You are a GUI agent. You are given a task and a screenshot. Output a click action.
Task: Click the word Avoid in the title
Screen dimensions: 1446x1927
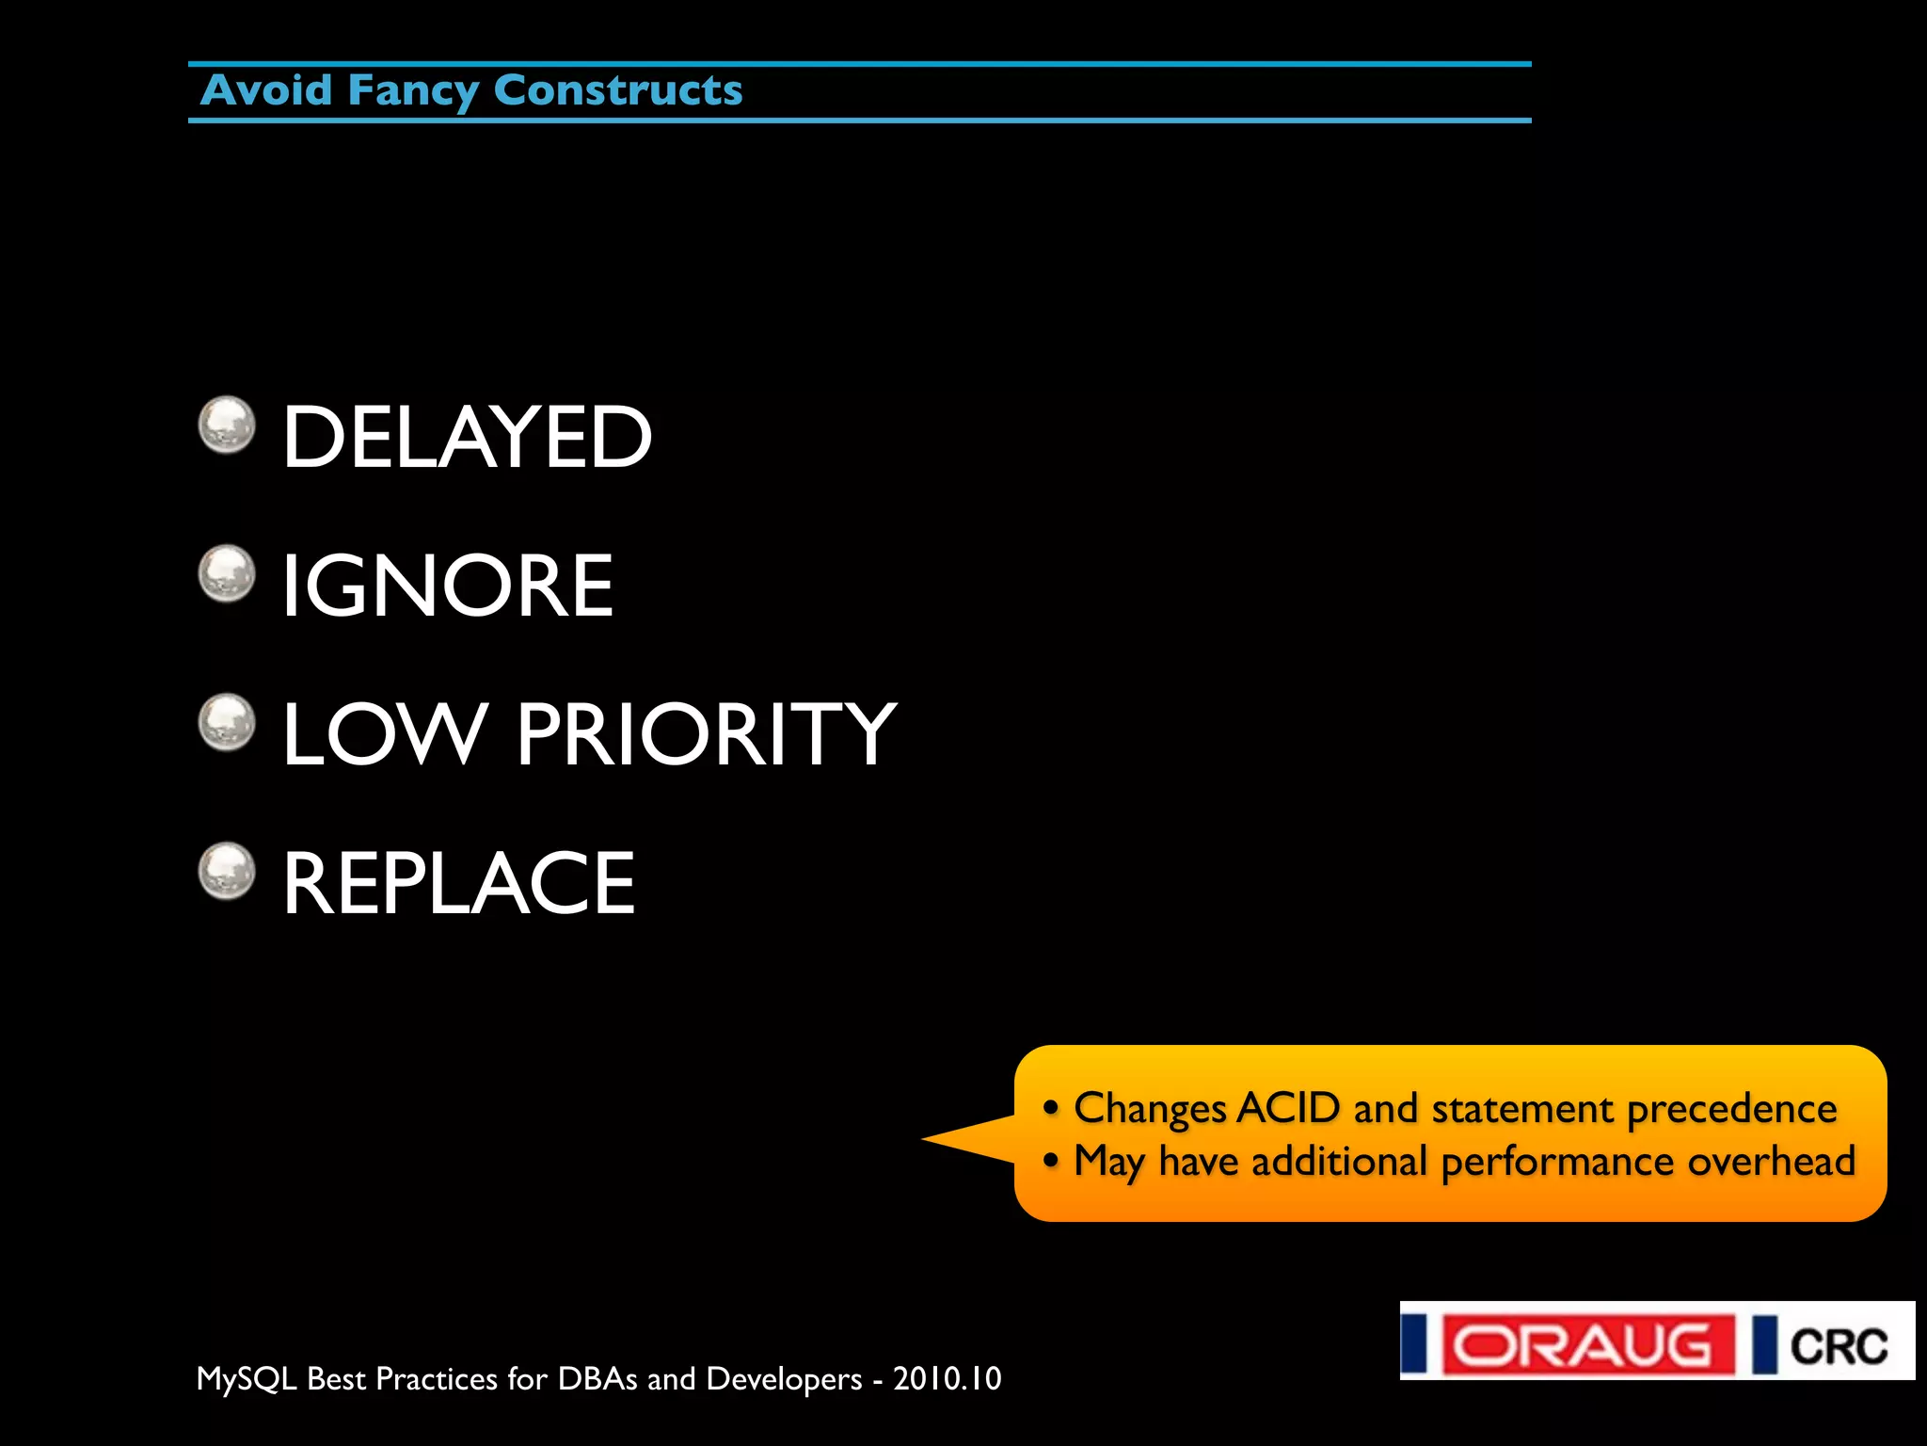pos(267,91)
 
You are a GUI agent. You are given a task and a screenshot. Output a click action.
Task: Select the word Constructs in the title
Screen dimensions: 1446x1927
pos(618,91)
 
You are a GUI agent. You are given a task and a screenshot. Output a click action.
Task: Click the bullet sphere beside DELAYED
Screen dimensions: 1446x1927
pos(227,425)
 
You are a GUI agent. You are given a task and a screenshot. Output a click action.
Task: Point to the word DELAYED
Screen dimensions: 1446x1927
pos(467,437)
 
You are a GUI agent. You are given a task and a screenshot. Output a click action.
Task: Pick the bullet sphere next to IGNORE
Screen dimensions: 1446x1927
pos(227,573)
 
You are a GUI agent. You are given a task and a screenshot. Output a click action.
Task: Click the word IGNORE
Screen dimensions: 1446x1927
pos(448,586)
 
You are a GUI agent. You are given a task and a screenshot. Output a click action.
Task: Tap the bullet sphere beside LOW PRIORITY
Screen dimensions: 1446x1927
pos(227,722)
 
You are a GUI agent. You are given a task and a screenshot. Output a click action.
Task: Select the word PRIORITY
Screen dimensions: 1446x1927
pos(706,734)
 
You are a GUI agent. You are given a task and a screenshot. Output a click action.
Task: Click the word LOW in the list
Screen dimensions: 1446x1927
pos(385,734)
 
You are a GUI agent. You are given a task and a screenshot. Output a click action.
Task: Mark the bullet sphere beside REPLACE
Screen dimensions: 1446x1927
pos(227,871)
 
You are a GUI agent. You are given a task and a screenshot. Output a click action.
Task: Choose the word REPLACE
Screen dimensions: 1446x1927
pos(459,883)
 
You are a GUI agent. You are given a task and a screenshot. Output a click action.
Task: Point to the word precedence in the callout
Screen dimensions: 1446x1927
pos(1731,1110)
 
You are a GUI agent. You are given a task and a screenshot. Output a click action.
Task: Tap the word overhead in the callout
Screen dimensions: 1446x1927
pos(1771,1162)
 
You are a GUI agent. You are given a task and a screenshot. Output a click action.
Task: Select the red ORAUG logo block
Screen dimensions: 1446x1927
pos(1589,1344)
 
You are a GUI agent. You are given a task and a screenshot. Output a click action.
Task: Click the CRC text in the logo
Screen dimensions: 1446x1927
pos(1839,1346)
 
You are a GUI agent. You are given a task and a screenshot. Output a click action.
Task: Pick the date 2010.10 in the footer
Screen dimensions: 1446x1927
pos(947,1378)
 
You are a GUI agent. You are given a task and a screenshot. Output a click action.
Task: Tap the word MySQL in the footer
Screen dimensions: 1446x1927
pos(247,1379)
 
